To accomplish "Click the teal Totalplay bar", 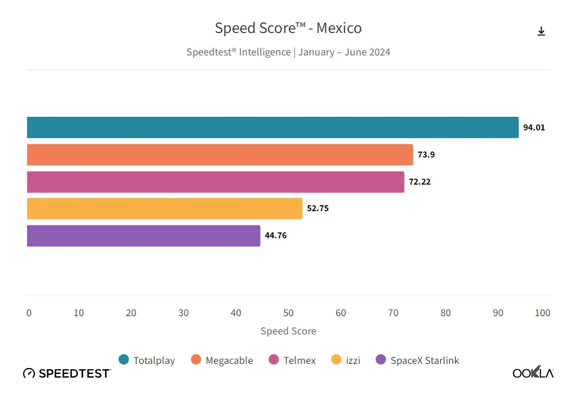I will click(272, 127).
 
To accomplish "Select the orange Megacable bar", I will click(220, 155).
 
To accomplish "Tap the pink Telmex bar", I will click(216, 182).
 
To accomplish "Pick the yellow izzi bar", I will click(164, 208).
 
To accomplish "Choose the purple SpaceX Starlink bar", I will click(144, 235).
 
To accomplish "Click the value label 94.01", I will click(534, 127).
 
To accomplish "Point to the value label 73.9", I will click(425, 155).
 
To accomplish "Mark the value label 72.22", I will click(419, 182).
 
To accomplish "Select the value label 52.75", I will click(317, 208).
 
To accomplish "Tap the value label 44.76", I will click(276, 235).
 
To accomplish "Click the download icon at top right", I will click(541, 31).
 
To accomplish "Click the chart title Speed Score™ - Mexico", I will click(288, 28).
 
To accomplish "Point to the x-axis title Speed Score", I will click(288, 331).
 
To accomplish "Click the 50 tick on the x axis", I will click(288, 313).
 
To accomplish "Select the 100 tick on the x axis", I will click(542, 313).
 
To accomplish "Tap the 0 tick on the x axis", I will click(29, 313).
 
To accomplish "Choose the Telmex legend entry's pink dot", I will click(274, 360).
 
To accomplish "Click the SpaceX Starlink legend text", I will click(425, 360).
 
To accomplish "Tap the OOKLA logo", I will click(533, 373).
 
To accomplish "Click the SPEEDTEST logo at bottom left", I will click(67, 373).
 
